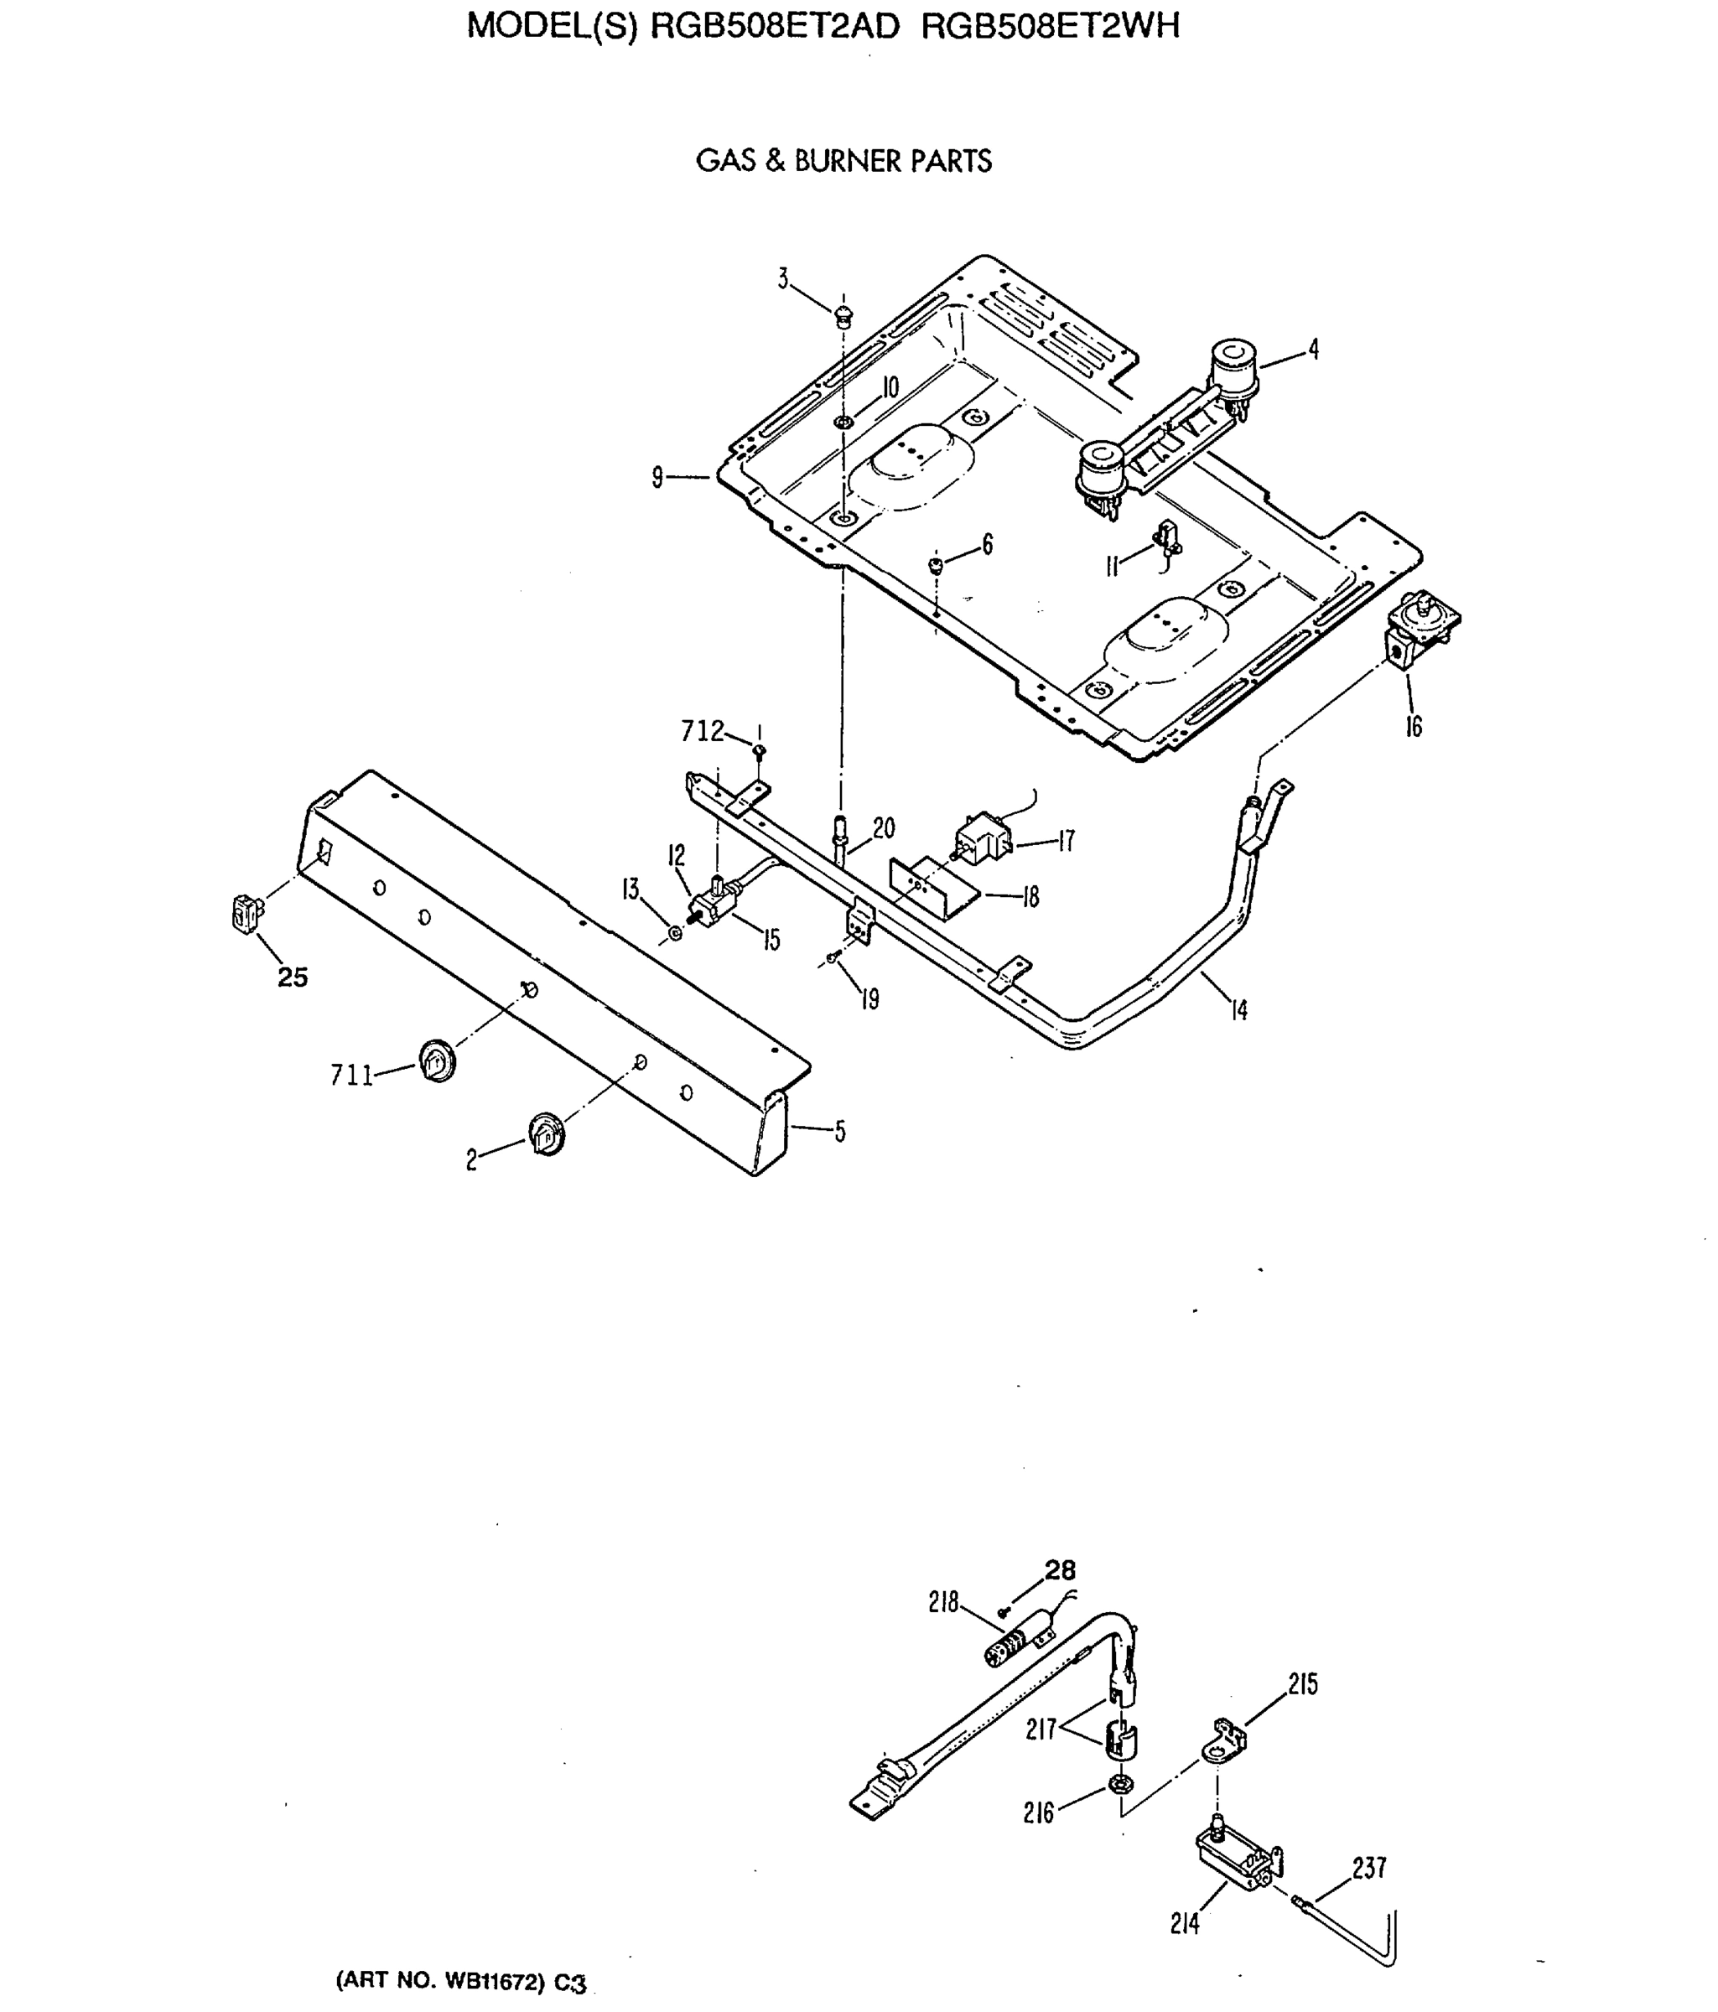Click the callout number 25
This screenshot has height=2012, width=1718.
(x=293, y=977)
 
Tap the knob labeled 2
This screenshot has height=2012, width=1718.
(x=547, y=1133)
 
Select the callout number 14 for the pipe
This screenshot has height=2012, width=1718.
(x=1238, y=1011)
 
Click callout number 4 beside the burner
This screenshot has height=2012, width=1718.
(x=1313, y=350)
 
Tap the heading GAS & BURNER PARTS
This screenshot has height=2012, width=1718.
(x=843, y=161)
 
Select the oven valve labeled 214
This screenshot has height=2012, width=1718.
(x=1235, y=1859)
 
